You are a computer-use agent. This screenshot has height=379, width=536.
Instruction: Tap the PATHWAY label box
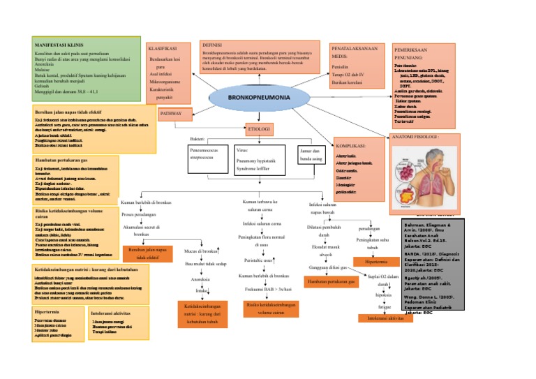[x=172, y=112]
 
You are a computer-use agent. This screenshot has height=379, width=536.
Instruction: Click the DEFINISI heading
[x=212, y=44]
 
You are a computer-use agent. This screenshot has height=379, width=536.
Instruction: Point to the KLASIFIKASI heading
[x=163, y=48]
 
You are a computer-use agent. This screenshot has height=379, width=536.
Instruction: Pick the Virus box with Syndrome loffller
[x=256, y=161]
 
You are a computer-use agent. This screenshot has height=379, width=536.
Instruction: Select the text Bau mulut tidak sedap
[x=206, y=265]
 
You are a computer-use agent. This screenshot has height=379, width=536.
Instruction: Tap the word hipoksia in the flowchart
[x=385, y=295]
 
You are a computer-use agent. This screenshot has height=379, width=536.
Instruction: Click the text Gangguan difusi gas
[x=327, y=268]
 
